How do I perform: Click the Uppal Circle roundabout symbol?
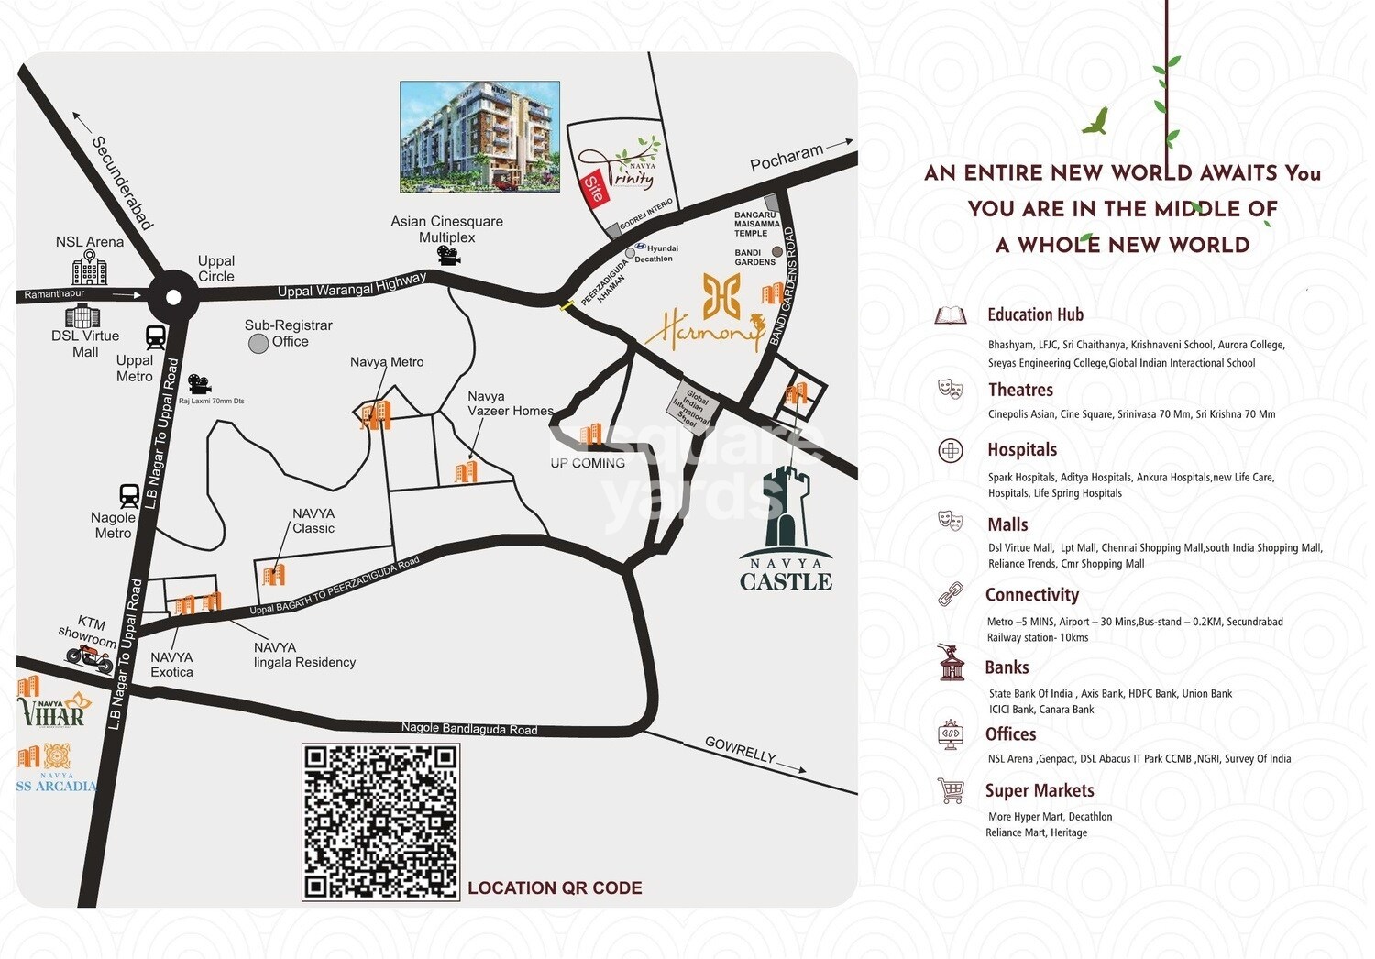(172, 295)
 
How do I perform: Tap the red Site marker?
(593, 189)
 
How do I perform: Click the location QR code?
(380, 821)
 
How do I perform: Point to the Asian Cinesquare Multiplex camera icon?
(448, 256)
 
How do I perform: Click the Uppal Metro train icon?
(156, 338)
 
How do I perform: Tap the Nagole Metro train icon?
(129, 496)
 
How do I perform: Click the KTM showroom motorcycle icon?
(89, 656)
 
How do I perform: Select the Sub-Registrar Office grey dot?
(258, 343)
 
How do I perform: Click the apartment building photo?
(479, 137)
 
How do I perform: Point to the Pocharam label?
(786, 157)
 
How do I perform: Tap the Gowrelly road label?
(740, 749)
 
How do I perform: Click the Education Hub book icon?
(951, 316)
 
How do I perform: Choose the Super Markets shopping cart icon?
(951, 790)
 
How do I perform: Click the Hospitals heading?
(1022, 450)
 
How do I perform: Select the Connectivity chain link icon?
(951, 594)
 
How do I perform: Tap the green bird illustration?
(1095, 121)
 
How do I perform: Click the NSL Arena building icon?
(90, 270)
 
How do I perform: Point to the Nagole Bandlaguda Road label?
(469, 729)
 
